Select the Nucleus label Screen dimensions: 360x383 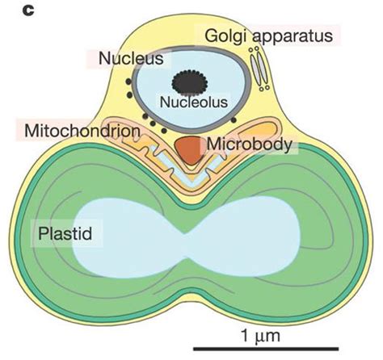[131, 59]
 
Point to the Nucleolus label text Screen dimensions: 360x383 [193, 103]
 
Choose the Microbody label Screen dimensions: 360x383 [251, 144]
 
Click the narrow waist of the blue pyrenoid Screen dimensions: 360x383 [191, 234]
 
